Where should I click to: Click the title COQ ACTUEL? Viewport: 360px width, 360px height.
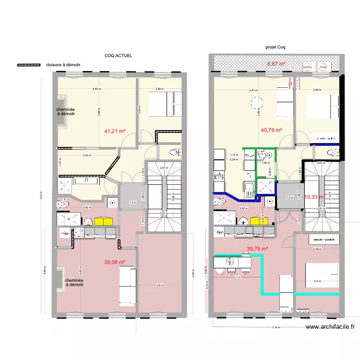(118, 56)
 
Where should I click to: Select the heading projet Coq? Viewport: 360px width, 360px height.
(275, 48)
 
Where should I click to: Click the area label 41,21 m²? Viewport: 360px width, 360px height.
(115, 131)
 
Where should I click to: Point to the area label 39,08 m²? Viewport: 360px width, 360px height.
(115, 263)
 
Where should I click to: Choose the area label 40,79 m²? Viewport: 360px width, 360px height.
(271, 130)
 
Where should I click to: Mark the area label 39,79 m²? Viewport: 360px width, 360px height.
(257, 249)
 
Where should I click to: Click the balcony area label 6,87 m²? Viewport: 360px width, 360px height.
(276, 64)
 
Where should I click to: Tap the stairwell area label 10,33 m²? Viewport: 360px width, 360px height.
(315, 197)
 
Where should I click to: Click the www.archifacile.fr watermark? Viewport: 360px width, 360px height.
(331, 327)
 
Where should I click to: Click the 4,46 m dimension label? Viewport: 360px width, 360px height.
(97, 89)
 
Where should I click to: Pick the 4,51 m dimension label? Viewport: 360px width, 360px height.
(253, 90)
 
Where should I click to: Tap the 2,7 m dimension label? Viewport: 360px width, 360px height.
(236, 277)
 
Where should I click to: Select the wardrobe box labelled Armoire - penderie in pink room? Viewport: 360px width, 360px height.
(324, 239)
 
